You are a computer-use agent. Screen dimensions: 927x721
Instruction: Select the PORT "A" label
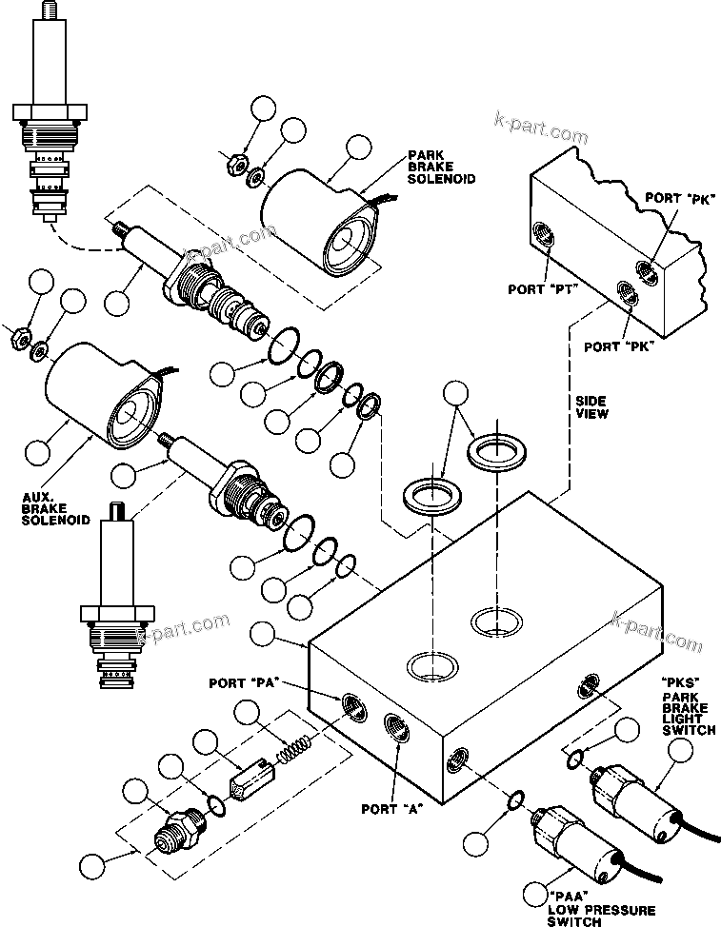[x=392, y=811]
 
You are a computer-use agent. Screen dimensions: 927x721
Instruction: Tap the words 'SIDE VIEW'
[x=591, y=407]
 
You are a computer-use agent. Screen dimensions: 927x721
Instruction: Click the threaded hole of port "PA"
[x=351, y=704]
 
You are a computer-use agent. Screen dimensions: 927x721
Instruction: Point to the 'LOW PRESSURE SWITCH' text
[x=587, y=908]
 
